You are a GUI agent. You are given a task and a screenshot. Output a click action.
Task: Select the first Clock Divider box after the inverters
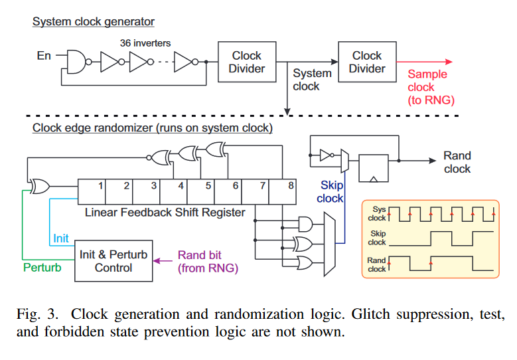[246, 62]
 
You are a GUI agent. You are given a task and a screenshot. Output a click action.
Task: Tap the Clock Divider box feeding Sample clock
[366, 62]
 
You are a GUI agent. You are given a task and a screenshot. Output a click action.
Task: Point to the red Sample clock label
[427, 87]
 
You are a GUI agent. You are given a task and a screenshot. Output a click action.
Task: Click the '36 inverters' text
[145, 43]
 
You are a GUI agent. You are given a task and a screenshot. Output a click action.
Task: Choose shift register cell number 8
[281, 192]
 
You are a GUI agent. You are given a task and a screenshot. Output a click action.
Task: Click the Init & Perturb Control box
[113, 261]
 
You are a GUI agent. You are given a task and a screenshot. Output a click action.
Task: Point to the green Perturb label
[42, 268]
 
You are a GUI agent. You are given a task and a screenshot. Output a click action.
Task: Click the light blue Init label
[60, 238]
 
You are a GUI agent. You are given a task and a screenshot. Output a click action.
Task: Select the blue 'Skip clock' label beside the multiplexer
[331, 192]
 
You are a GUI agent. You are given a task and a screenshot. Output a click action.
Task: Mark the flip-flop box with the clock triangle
[374, 168]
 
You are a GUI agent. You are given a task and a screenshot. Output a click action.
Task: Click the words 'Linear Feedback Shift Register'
[165, 213]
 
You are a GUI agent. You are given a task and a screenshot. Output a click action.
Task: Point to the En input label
[43, 56]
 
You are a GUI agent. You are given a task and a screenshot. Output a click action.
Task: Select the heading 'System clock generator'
[94, 22]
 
